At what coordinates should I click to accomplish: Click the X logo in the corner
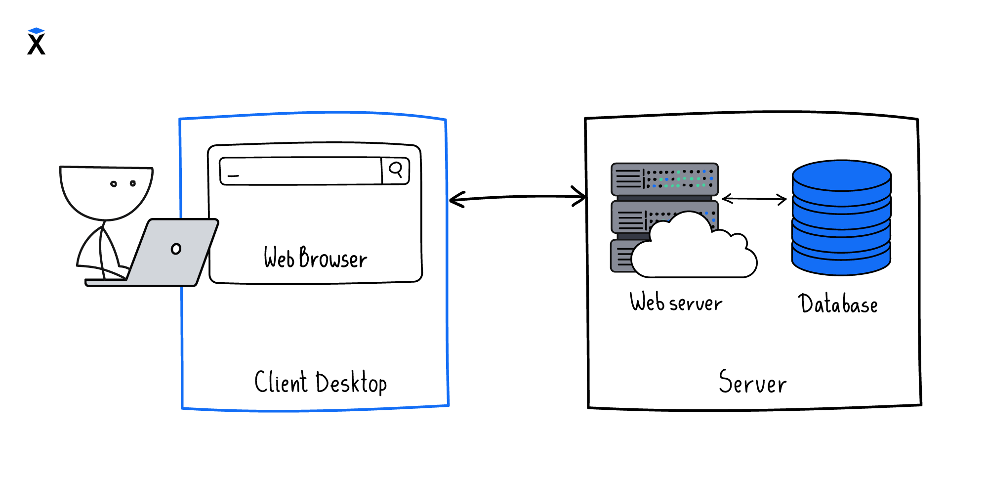[x=36, y=42]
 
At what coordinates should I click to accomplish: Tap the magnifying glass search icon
[x=396, y=170]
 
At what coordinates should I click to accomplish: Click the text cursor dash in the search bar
[x=233, y=175]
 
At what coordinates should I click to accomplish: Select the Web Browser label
[x=315, y=258]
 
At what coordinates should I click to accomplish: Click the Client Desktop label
[x=320, y=383]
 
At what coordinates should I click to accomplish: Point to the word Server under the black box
[x=752, y=383]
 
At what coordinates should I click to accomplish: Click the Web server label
[x=676, y=303]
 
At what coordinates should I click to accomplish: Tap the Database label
[x=838, y=304]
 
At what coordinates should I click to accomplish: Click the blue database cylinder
[x=841, y=227]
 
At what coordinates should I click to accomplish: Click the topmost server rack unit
[x=664, y=179]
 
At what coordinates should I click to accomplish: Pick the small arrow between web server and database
[x=754, y=199]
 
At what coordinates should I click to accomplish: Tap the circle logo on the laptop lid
[x=176, y=249]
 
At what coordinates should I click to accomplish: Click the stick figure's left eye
[x=114, y=184]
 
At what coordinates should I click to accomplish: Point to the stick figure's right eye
[x=132, y=183]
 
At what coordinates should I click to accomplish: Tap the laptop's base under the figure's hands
[x=106, y=283]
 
